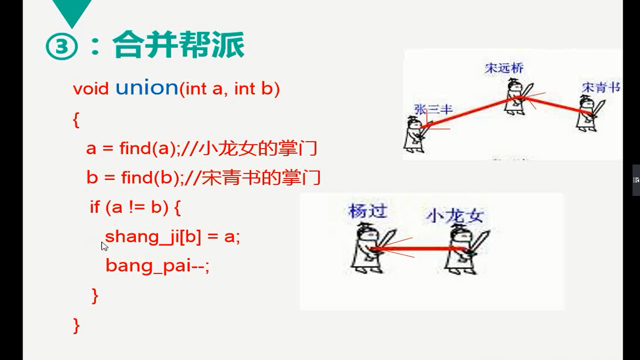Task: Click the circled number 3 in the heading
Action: click(x=61, y=46)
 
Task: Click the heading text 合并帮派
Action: click(x=179, y=45)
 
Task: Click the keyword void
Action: click(x=90, y=89)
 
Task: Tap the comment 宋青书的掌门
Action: click(x=261, y=178)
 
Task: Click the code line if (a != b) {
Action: click(x=135, y=207)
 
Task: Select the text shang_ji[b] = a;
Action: click(x=172, y=237)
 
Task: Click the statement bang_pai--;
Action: click(x=157, y=266)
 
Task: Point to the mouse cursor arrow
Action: click(x=104, y=246)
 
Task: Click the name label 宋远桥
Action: click(x=504, y=68)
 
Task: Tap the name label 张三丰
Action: click(x=433, y=109)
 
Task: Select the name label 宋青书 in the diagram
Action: click(x=601, y=87)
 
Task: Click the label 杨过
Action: click(x=368, y=211)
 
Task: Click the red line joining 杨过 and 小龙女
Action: click(x=420, y=249)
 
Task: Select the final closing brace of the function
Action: click(x=76, y=326)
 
